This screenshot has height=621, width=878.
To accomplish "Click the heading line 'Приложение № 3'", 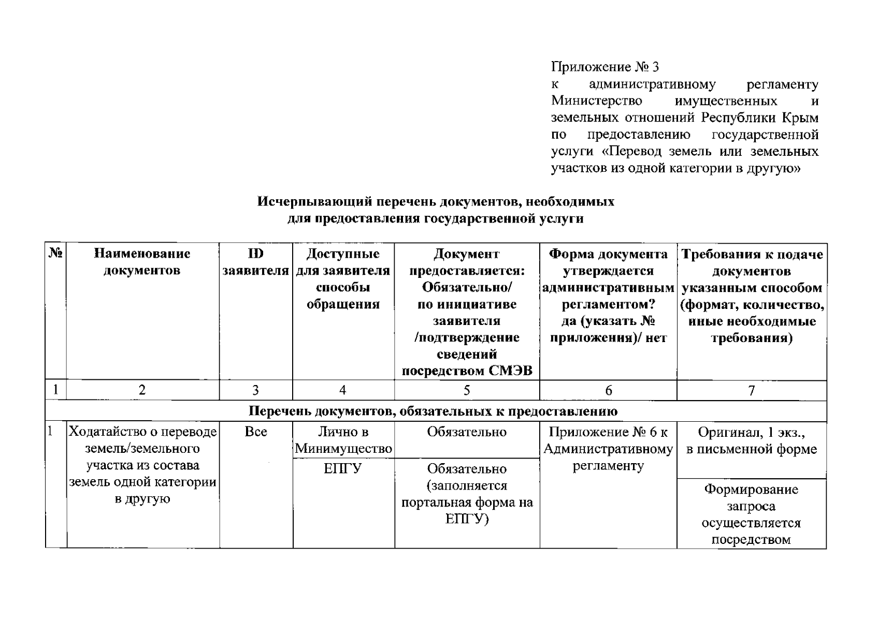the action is coord(604,67).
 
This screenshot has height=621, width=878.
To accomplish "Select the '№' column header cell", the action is coord(56,254).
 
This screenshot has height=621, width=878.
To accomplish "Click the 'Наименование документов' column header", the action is coord(142,262).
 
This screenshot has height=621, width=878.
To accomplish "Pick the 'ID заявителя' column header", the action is coord(256,262).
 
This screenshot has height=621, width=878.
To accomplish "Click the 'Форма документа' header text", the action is coord(608,254).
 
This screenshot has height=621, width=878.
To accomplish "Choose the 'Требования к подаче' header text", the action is coord(752,254).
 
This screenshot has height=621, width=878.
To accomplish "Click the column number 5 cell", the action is coord(467,390).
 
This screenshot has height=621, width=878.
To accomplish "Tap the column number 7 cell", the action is coord(752,390).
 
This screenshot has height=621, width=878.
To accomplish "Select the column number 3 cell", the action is coord(256,390).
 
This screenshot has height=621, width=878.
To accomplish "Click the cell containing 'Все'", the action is coord(256,432).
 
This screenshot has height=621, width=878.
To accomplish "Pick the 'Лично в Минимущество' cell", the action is coord(343,440).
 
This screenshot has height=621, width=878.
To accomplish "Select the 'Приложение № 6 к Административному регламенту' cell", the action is coord(608,449).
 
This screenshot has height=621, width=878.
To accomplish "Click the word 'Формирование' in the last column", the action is coord(751,490).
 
